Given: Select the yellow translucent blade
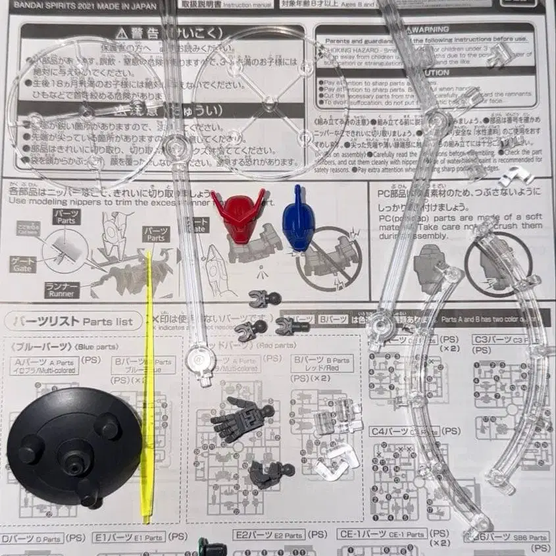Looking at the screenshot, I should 148,388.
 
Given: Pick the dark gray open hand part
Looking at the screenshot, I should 240,417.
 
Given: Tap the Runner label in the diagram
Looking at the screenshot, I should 63,288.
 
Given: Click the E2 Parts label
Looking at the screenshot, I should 270,536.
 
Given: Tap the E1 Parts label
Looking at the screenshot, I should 128,537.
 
